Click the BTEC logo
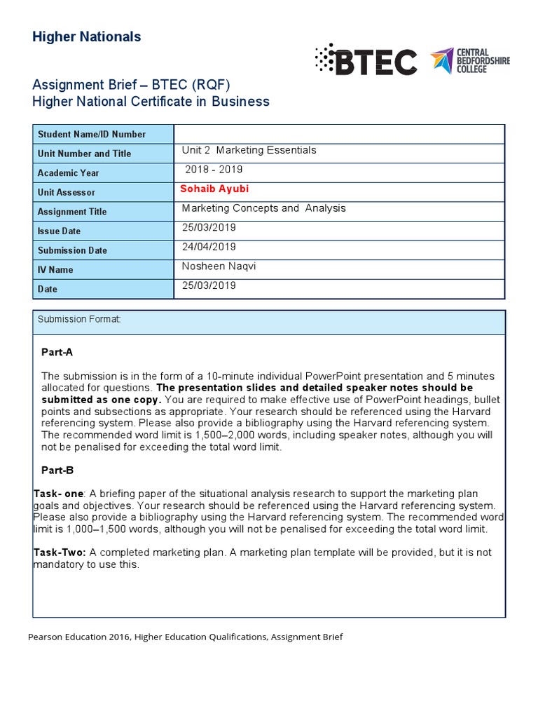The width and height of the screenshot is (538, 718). coord(366,62)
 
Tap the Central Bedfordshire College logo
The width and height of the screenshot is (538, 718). coord(470,61)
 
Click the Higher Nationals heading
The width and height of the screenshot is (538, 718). coord(86,36)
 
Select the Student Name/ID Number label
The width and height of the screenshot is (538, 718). coord(92,134)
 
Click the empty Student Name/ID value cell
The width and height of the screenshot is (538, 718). coord(339,134)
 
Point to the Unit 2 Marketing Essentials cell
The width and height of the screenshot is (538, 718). coord(249,150)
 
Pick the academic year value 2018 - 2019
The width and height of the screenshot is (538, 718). coord(214,170)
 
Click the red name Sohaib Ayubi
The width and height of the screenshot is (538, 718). coord(214,189)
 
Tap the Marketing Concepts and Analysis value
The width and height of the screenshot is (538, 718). coord(263,208)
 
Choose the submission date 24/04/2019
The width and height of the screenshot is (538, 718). coord(209,247)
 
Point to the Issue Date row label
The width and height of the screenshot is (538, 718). coord(59,231)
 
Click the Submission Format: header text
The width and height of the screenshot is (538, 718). coord(79,320)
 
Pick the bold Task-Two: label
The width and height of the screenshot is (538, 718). coord(60,553)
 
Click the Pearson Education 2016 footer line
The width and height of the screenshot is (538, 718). coord(185,637)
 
